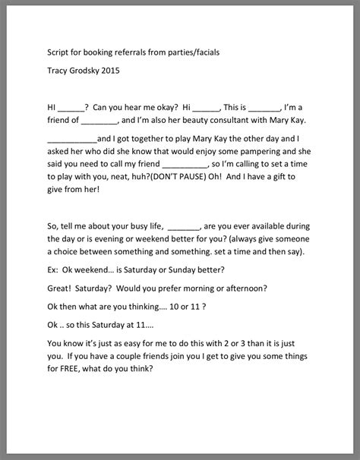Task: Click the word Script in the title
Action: point(58,54)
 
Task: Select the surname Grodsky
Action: point(99,74)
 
